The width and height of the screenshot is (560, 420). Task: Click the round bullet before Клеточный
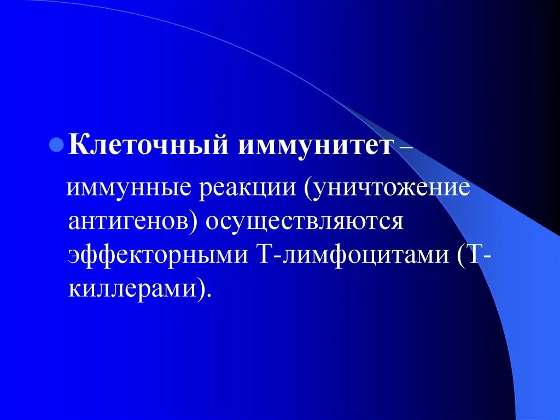click(x=55, y=148)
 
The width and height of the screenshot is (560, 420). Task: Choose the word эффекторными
click(x=157, y=255)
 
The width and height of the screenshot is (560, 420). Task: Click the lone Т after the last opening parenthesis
click(x=474, y=254)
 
